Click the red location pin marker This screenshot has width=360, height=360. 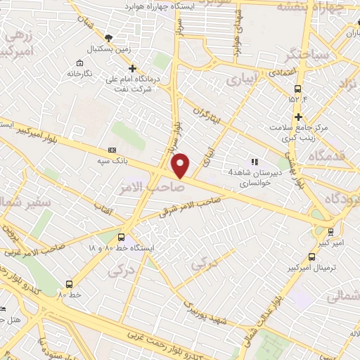click(181, 165)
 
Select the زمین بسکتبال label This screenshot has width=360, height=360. click(105, 50)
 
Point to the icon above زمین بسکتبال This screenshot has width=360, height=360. click(107, 37)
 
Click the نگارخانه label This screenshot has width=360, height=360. click(79, 73)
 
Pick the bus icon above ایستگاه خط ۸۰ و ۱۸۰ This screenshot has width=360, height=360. click(122, 237)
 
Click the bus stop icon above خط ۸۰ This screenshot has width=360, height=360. click(69, 283)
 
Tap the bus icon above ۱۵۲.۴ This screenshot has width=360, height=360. click(298, 89)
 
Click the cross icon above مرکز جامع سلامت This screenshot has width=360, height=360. click(299, 117)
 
